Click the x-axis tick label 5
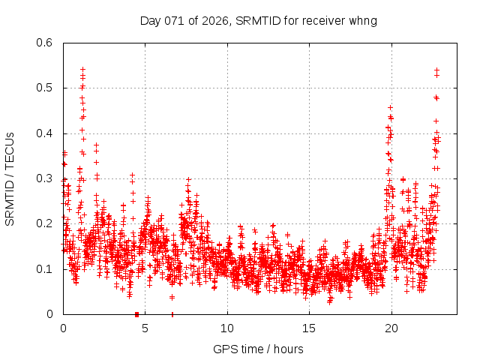[145, 328]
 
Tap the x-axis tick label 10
[227, 328]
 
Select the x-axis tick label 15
[309, 328]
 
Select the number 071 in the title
[173, 20]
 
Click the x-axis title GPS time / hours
[258, 349]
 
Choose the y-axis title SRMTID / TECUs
[10, 178]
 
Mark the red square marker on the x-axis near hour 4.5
[136, 314]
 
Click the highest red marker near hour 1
[82, 69]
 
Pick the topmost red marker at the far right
[436, 70]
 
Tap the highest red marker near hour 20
[390, 107]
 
